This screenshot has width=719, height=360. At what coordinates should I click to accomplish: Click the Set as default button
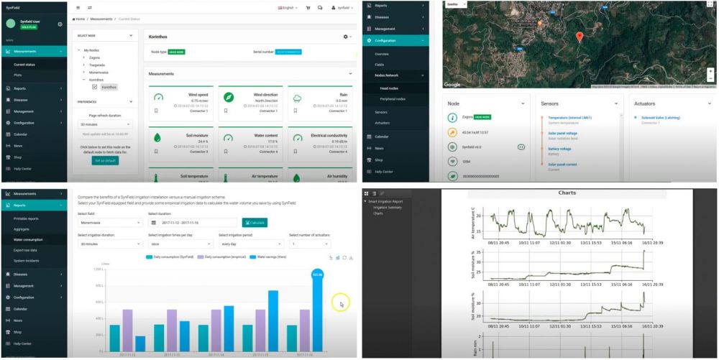tap(105, 160)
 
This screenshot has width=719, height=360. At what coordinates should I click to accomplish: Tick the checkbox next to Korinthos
tap(94, 87)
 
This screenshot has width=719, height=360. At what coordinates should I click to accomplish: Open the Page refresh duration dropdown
tap(105, 124)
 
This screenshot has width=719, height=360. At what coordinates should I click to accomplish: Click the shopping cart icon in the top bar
tap(308, 8)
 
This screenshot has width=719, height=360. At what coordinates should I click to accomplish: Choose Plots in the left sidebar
tap(18, 75)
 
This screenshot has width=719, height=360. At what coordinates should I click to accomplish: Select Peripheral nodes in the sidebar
tap(393, 98)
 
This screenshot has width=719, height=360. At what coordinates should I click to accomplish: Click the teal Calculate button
tap(255, 222)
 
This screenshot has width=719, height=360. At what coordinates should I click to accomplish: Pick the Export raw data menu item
tap(26, 249)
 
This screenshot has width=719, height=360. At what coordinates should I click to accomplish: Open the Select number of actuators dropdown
tap(319, 244)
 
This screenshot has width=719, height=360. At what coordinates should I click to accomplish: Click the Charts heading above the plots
tap(567, 193)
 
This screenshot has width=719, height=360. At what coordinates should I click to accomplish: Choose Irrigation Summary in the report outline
tap(387, 207)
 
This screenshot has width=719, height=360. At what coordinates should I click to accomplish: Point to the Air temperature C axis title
tap(472, 221)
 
